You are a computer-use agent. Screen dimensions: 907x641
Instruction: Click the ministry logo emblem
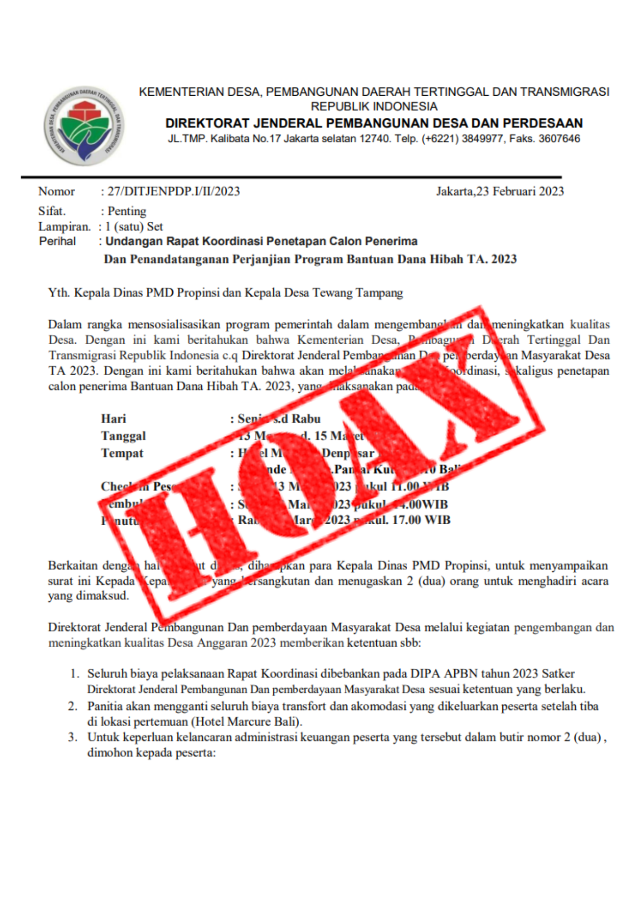[x=84, y=126]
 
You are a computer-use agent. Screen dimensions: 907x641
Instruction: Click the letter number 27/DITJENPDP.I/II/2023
[x=174, y=191]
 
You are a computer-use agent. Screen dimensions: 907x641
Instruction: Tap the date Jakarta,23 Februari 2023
[x=500, y=191]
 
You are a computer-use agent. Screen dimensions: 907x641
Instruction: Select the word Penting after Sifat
[x=127, y=211]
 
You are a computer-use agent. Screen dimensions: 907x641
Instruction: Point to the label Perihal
[x=57, y=241]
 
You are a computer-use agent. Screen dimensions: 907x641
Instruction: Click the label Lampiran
[x=64, y=227]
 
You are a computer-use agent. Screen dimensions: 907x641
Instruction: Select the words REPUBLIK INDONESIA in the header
[x=374, y=107]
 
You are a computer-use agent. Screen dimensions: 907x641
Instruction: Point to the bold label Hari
[x=113, y=419]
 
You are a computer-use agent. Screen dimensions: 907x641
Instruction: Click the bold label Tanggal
[x=123, y=436]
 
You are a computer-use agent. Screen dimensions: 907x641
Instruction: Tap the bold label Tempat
[x=122, y=453]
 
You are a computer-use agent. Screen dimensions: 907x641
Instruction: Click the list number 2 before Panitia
[x=73, y=706]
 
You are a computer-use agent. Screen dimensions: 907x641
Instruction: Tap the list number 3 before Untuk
[x=73, y=737]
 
